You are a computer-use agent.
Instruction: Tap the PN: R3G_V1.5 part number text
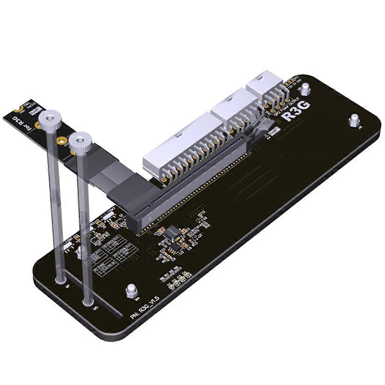(x=145, y=308)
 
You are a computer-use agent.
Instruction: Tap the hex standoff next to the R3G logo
(x=306, y=89)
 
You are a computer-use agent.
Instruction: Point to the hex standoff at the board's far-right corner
(x=354, y=121)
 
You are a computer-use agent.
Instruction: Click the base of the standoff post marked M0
(x=88, y=301)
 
